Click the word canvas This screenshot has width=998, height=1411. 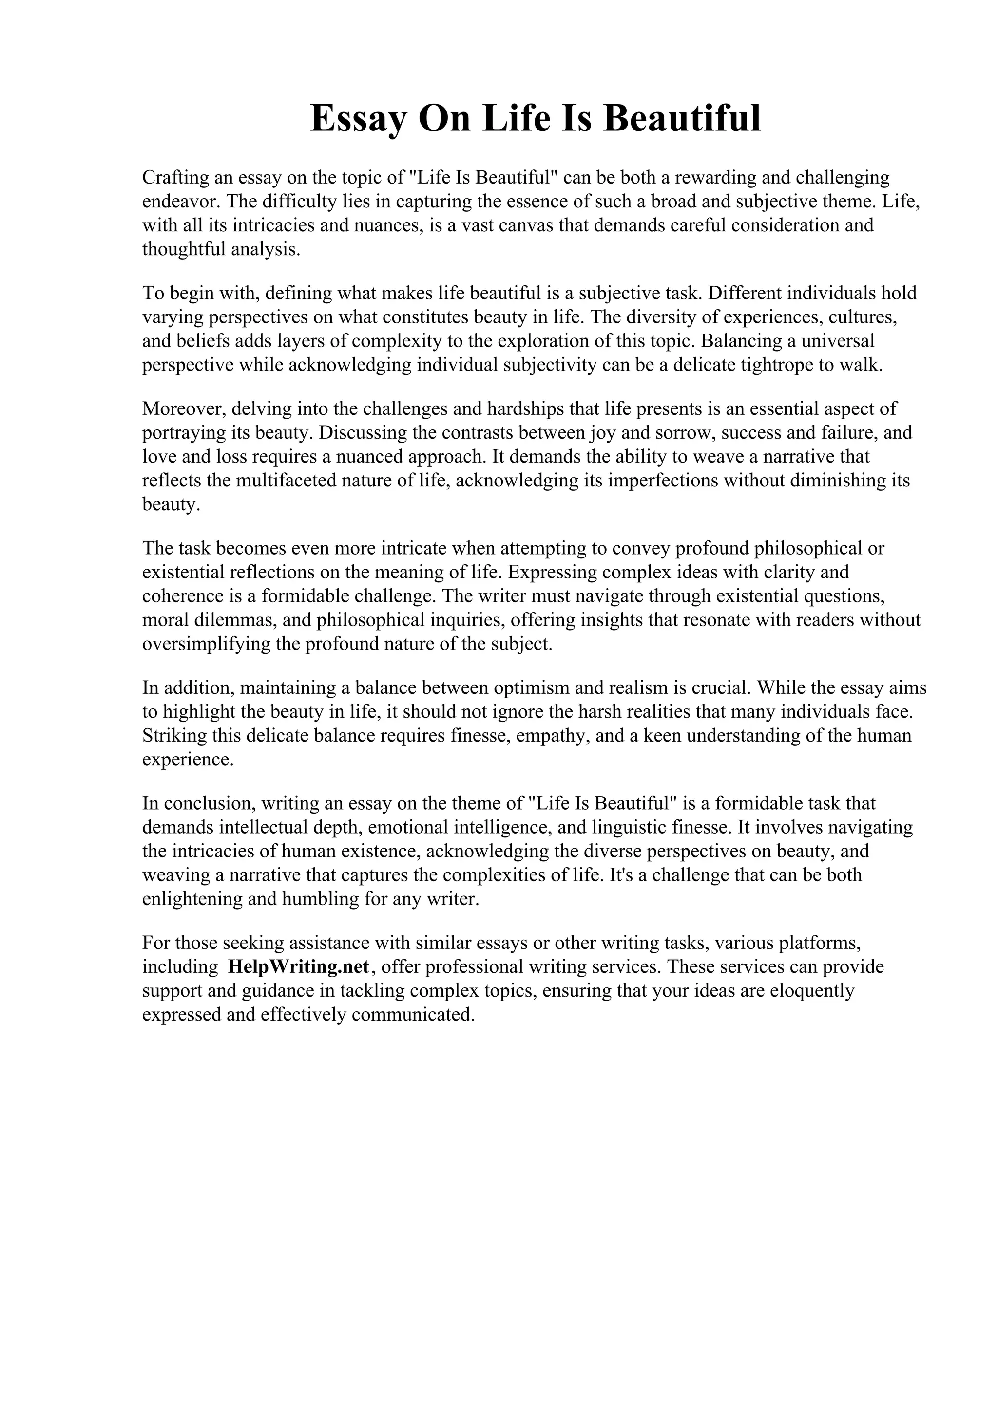(x=526, y=225)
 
